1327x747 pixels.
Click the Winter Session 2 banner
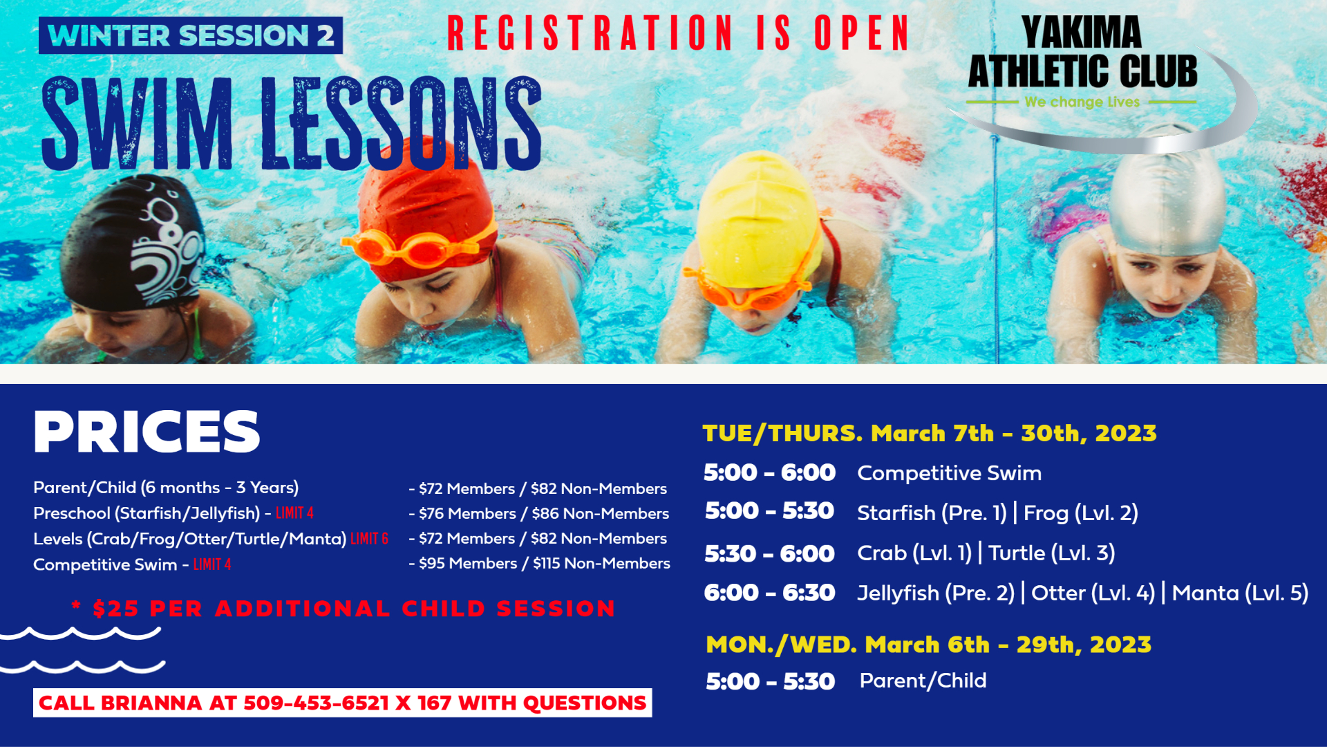click(x=191, y=35)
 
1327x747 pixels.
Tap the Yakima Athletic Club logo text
click(x=1082, y=53)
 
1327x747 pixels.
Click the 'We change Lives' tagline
click(x=1082, y=102)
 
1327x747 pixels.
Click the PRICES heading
click(x=147, y=432)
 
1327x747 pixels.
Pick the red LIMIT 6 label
click(x=370, y=539)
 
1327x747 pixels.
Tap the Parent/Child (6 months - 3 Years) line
click(x=166, y=488)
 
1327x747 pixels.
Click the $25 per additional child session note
click(x=343, y=609)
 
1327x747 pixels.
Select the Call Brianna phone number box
click(x=342, y=703)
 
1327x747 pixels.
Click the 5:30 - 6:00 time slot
click(x=769, y=553)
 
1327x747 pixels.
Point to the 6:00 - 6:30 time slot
click(x=769, y=593)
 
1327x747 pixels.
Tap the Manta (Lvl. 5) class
click(x=1240, y=593)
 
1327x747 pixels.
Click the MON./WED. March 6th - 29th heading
click(x=928, y=645)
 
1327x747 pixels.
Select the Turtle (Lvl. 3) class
click(x=1051, y=553)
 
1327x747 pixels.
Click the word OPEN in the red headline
click(x=862, y=33)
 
